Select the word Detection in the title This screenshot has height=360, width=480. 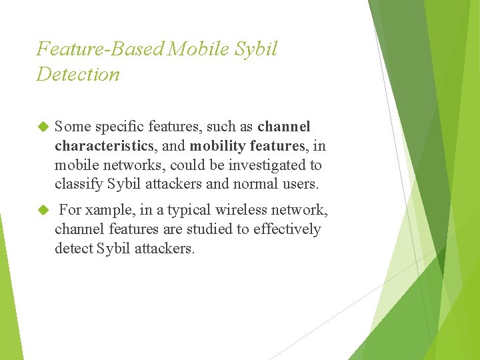pos(78,74)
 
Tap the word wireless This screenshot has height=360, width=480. pos(241,211)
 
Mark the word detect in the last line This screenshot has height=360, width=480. pos(73,249)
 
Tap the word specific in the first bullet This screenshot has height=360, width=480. pos(119,127)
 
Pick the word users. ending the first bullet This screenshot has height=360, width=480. pos(301,184)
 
